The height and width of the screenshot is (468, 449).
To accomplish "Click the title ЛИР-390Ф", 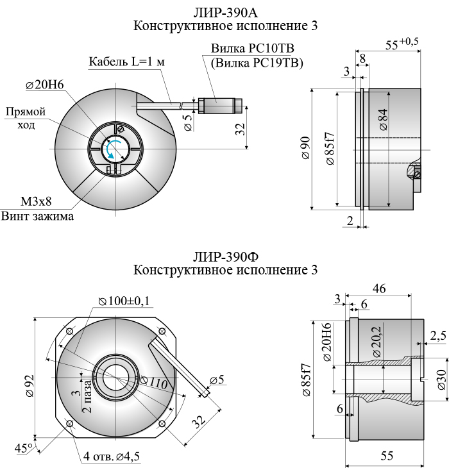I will click(225, 257).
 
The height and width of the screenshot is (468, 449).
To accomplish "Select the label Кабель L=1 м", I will click(127, 62).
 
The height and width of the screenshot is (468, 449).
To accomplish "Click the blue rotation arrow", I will click(113, 149).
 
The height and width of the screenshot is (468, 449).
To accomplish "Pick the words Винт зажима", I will click(37, 216).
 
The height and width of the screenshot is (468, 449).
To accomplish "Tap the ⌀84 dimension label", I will click(383, 120).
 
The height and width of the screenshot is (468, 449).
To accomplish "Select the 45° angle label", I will click(24, 448).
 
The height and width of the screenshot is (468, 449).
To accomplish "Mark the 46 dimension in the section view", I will click(379, 289).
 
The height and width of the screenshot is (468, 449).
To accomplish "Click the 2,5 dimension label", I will click(439, 335).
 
